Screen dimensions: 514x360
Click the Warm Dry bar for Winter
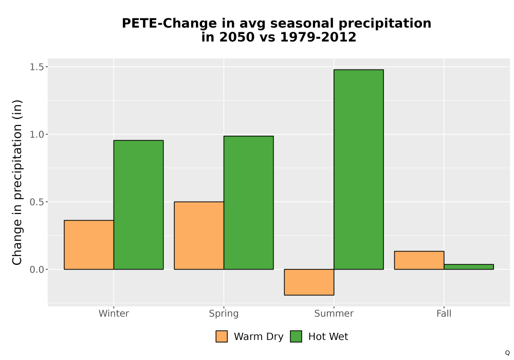(89, 245)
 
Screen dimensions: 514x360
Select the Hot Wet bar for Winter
(138, 205)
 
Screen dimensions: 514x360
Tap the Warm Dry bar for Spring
(199, 236)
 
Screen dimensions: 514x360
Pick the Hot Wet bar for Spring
(248, 203)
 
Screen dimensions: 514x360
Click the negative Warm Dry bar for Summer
(309, 282)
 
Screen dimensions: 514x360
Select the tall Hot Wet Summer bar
(359, 170)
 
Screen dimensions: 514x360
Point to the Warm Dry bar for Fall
(419, 260)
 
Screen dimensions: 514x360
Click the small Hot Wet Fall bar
(469, 267)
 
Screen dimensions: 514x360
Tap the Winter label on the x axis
(114, 313)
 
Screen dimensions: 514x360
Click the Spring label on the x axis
(224, 314)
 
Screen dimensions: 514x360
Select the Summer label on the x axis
(334, 313)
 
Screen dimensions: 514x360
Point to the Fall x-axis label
(444, 313)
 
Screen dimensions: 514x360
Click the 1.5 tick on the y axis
(36, 67)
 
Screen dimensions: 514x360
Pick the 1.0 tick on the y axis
(36, 134)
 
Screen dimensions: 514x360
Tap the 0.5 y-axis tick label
(36, 202)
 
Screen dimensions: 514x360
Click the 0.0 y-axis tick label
(36, 269)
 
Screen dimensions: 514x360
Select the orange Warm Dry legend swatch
(222, 336)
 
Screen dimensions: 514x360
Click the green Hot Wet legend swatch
(296, 336)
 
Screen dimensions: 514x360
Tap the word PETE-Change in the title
(169, 24)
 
